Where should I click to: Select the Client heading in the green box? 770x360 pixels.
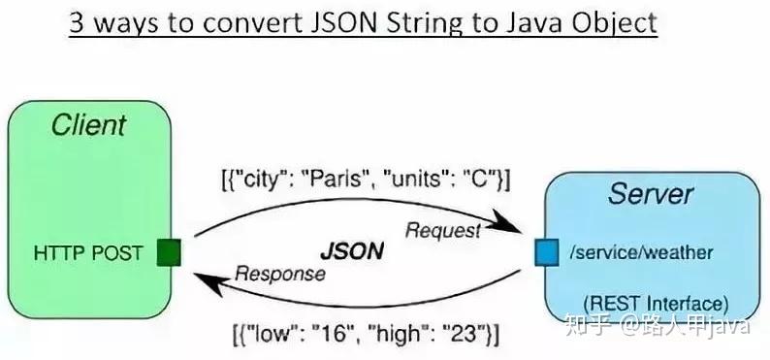[88, 125]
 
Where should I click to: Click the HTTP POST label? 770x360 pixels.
[88, 253]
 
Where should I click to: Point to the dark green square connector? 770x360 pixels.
[169, 254]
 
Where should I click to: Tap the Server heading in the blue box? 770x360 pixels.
[651, 193]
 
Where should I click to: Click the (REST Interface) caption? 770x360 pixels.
[656, 302]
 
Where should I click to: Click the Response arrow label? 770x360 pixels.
[279, 274]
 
